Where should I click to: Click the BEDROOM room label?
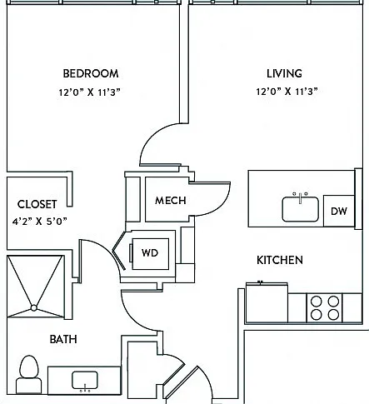[x=91, y=73]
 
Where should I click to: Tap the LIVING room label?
[x=284, y=73]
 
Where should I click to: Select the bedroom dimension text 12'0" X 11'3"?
[x=90, y=92]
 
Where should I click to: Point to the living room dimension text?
[x=287, y=92]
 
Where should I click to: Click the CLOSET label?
[x=37, y=204]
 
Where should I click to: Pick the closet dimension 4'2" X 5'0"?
[x=40, y=222]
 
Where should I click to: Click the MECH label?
[x=171, y=200]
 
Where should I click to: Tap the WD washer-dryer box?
[x=150, y=253]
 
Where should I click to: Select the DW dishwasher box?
[x=339, y=211]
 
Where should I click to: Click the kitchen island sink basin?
[x=301, y=209]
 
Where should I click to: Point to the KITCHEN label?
[x=280, y=260]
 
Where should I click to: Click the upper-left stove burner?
[x=317, y=302]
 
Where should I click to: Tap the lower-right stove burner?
[x=333, y=315]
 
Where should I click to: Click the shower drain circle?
[x=34, y=308]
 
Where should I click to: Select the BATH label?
[x=63, y=339]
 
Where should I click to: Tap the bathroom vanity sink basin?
[x=85, y=380]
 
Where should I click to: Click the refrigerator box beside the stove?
[x=267, y=302]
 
